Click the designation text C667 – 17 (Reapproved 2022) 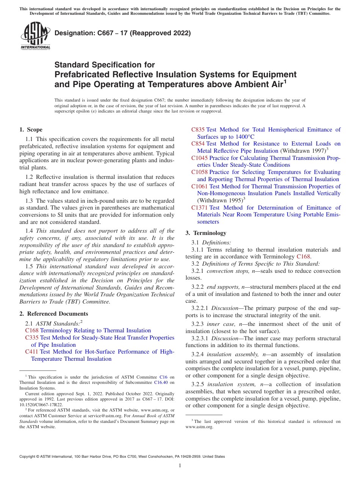point(122,33)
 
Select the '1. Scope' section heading point(31,130)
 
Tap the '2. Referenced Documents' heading point(54,314)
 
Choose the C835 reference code point(198,130)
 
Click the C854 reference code point(198,144)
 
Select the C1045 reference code point(200,158)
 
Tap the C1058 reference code point(200,172)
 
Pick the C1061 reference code point(200,186)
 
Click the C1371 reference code point(200,208)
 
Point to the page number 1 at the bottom point(180,466)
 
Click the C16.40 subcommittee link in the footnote point(163,382)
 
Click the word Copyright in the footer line point(28,457)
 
